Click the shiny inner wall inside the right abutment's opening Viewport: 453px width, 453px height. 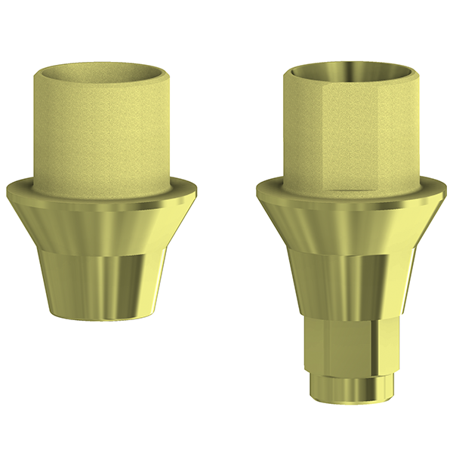pos(351,70)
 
